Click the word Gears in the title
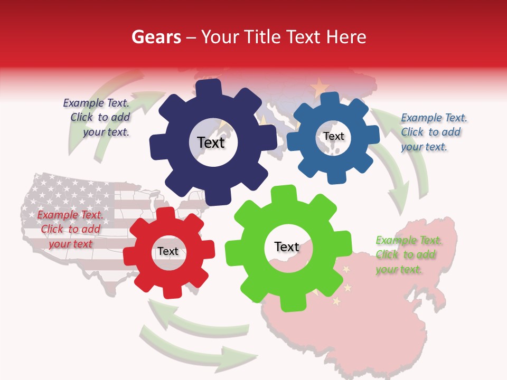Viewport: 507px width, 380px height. (156, 37)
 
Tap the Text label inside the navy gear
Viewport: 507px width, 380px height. (211, 142)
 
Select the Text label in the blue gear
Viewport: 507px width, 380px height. (333, 136)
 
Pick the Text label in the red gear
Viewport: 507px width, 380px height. (168, 251)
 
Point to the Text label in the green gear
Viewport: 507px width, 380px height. (287, 246)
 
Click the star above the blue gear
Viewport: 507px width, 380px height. (319, 85)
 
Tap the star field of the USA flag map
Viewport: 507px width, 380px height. (69, 190)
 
